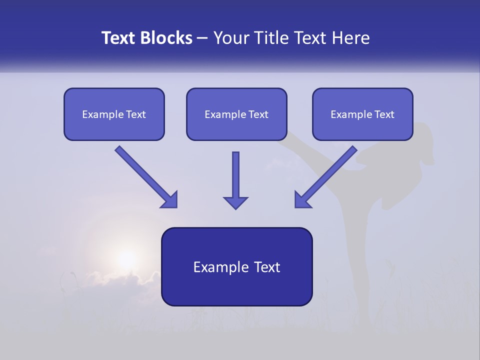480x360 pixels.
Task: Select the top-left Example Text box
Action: click(114, 114)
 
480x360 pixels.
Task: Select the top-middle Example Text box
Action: click(236, 114)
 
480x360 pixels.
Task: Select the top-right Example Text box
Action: click(362, 114)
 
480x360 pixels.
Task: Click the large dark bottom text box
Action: click(236, 266)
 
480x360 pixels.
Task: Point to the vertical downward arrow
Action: click(235, 177)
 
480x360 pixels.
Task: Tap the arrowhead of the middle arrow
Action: click(235, 202)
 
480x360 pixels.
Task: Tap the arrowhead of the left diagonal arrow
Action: click(169, 199)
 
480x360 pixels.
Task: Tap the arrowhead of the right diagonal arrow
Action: click(302, 199)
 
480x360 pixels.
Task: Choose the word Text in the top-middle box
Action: click(258, 114)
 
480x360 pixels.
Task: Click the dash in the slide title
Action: click(203, 38)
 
